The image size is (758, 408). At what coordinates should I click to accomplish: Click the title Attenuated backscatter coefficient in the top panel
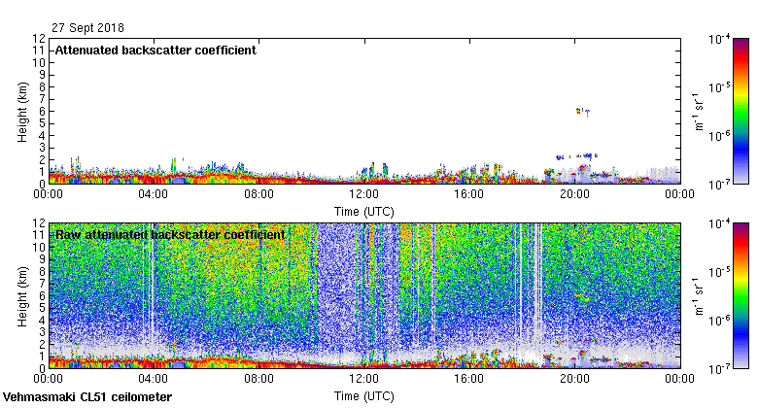[x=155, y=50]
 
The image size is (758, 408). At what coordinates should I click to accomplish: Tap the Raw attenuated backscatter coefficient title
[x=170, y=234]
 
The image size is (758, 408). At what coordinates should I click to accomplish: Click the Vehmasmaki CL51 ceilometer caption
[x=87, y=397]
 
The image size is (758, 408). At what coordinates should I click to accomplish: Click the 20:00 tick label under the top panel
[x=574, y=193]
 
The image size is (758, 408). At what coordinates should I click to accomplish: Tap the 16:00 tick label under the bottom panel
[x=469, y=378]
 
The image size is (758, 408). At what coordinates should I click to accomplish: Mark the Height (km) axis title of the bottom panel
[x=22, y=295]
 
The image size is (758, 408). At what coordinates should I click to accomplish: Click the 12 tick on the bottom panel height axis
[x=38, y=223]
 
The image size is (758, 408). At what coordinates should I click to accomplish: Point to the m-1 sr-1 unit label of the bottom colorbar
[x=697, y=295]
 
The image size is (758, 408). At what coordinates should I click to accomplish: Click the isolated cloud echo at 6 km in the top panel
[x=582, y=112]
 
